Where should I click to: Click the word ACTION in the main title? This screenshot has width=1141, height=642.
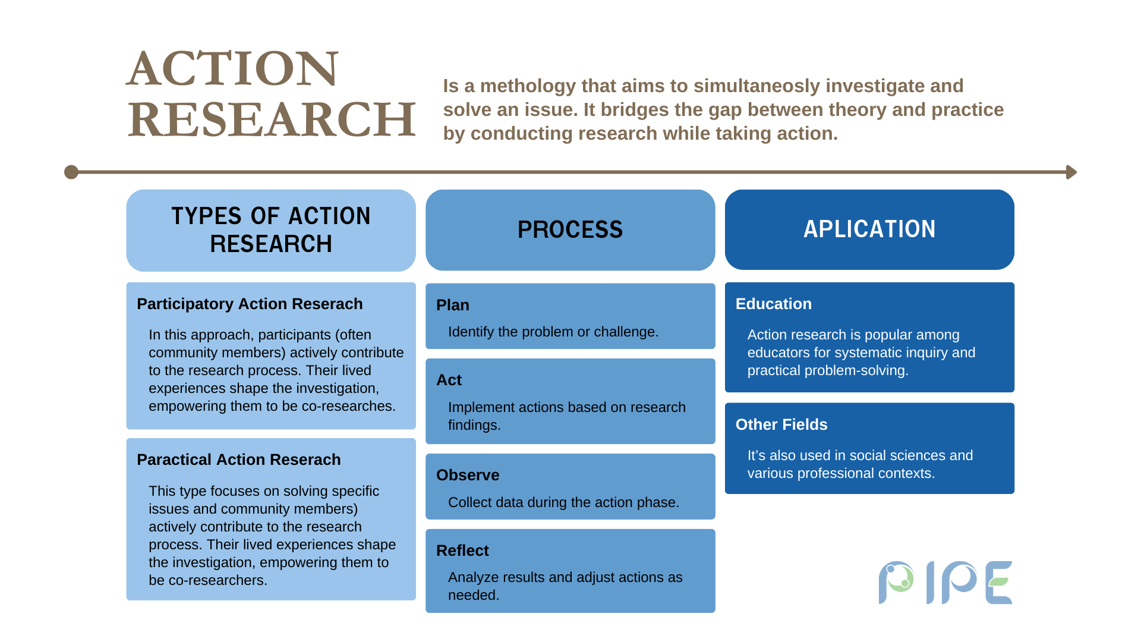232,68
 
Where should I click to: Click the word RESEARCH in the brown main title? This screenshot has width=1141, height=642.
272,119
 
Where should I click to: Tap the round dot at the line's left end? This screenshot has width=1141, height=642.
71,172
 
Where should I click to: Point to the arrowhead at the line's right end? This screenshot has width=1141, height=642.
1071,172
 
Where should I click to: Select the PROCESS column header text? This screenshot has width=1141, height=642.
570,230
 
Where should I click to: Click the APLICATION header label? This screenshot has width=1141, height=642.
869,229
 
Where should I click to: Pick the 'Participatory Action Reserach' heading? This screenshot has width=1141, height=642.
250,304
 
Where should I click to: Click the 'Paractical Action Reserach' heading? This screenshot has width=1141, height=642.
239,460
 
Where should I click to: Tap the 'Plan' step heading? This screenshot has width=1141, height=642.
453,305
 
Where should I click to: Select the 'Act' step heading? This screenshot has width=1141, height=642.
449,380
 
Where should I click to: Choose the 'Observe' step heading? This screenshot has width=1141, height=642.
468,475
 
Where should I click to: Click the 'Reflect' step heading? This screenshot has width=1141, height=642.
462,550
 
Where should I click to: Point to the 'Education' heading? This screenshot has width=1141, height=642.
774,304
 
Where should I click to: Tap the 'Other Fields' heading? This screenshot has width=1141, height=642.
781,424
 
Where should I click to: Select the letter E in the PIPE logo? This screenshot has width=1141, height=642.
998,583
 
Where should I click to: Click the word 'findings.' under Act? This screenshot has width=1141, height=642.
474,425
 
